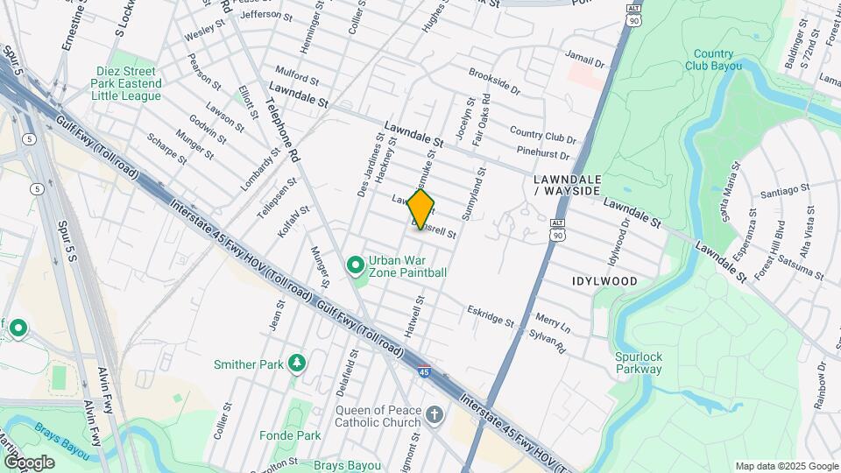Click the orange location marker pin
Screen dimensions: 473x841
420,209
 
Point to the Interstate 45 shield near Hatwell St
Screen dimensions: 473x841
424,371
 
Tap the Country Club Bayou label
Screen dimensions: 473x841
714,60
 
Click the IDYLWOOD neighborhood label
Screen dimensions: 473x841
605,281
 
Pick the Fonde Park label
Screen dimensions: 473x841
290,435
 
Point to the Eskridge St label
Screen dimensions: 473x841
491,316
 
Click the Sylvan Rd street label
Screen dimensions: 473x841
549,340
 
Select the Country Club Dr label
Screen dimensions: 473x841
542,136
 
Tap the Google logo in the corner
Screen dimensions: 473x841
29,462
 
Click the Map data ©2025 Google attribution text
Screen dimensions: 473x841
786,466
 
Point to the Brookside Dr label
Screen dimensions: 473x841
494,83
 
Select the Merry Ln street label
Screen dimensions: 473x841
552,323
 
